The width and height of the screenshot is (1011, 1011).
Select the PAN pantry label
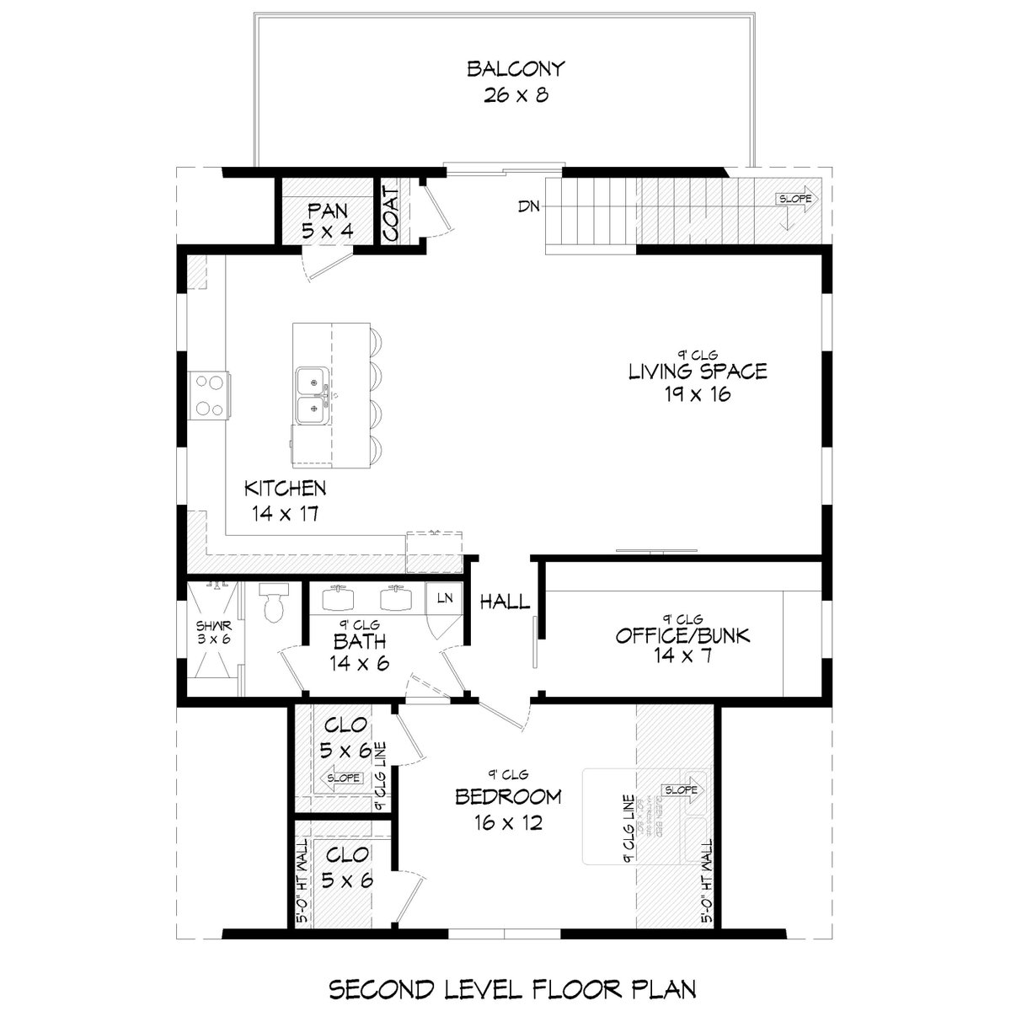click(326, 209)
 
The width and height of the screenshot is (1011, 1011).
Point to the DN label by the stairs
click(529, 206)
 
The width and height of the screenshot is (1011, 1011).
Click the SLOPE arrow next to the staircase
click(795, 200)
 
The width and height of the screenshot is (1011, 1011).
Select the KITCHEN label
click(285, 488)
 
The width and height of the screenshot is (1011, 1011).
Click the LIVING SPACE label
click(698, 371)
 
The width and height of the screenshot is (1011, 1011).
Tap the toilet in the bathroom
click(274, 603)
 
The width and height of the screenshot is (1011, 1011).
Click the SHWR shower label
click(206, 627)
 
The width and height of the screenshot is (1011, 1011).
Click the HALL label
click(505, 602)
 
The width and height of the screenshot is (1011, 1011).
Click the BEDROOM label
click(508, 796)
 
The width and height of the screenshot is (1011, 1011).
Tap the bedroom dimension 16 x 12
click(508, 821)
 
